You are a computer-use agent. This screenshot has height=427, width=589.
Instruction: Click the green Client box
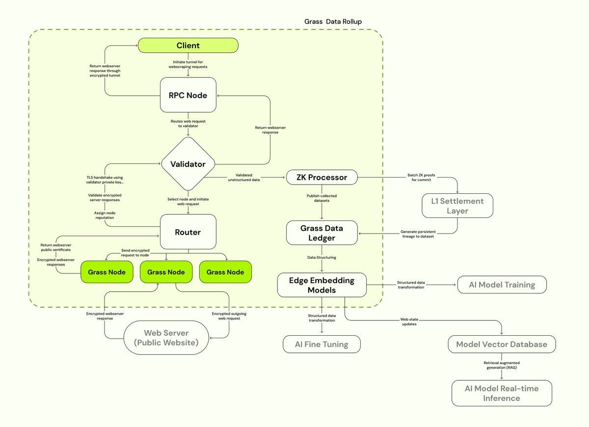(x=188, y=46)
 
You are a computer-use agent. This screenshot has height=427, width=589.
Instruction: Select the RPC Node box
(x=188, y=95)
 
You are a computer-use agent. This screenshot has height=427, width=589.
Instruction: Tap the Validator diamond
(x=188, y=164)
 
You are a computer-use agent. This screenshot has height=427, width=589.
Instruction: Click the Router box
(x=188, y=232)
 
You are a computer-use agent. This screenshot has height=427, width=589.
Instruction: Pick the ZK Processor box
(x=322, y=177)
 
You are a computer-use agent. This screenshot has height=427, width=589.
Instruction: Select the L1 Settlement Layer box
(x=457, y=206)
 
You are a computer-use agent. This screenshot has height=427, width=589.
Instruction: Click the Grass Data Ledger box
(x=322, y=233)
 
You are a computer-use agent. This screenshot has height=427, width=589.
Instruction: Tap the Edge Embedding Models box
(x=322, y=285)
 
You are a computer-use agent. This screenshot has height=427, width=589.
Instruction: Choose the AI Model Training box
(x=501, y=285)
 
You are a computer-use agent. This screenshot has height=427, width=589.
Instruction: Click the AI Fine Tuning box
(x=322, y=344)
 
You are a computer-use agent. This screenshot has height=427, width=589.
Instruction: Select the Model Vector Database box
(x=502, y=344)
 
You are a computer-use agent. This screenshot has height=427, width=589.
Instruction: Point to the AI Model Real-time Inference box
(x=502, y=393)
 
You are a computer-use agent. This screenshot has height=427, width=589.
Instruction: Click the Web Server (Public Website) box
(x=166, y=338)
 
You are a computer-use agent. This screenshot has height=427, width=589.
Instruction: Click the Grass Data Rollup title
(x=333, y=22)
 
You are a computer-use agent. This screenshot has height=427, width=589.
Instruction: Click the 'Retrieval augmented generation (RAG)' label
(x=502, y=365)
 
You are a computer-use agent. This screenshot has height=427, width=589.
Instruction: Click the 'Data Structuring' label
(x=322, y=257)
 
